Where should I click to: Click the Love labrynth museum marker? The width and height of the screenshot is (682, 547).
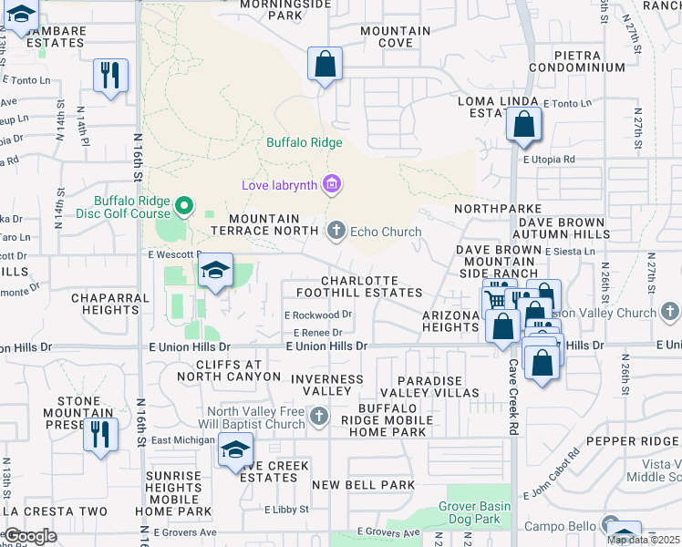coord(331,185)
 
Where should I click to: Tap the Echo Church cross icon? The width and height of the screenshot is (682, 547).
coord(336,231)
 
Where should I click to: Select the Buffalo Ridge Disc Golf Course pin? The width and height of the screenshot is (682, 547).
coord(184,206)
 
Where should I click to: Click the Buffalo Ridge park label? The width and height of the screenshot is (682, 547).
coord(305,142)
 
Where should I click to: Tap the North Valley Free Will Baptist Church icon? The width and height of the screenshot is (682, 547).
coord(318,418)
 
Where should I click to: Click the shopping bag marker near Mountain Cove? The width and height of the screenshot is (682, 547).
coord(324,65)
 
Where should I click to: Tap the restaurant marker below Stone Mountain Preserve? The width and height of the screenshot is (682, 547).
coord(100,434)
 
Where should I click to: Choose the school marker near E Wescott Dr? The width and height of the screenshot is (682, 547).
coord(215,271)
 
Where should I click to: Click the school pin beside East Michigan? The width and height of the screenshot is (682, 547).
coord(235,449)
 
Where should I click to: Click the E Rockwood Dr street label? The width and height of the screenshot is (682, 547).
coord(318,315)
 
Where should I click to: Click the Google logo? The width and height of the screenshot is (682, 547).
coord(31,536)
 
